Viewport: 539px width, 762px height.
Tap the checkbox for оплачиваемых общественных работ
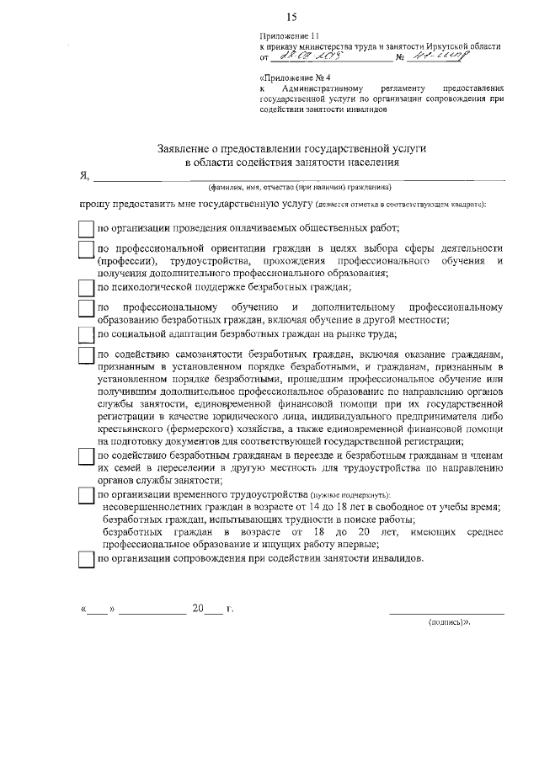tap(85, 228)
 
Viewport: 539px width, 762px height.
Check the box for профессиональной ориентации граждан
tap(85, 250)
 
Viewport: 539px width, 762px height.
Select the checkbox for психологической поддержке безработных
tap(85, 288)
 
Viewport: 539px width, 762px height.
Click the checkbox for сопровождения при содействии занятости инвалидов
tap(85, 559)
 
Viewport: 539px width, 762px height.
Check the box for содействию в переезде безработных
tap(85, 455)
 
